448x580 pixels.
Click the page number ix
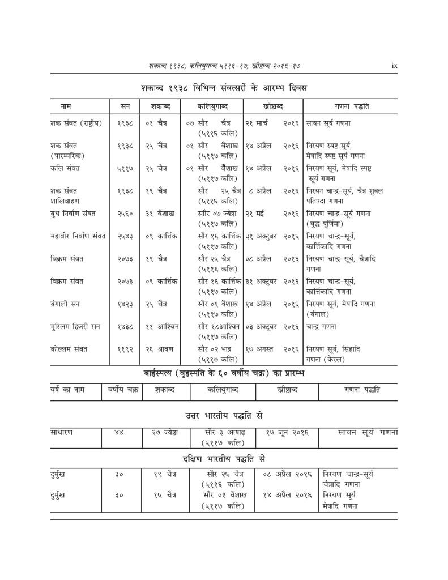tap(394, 66)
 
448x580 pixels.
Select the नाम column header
tap(66, 106)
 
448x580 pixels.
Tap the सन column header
tap(125, 106)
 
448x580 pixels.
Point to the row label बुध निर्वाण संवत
tap(73, 214)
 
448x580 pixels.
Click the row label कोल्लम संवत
tap(69, 349)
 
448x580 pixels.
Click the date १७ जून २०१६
tap(287, 433)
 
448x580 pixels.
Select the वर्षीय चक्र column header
tap(123, 390)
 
